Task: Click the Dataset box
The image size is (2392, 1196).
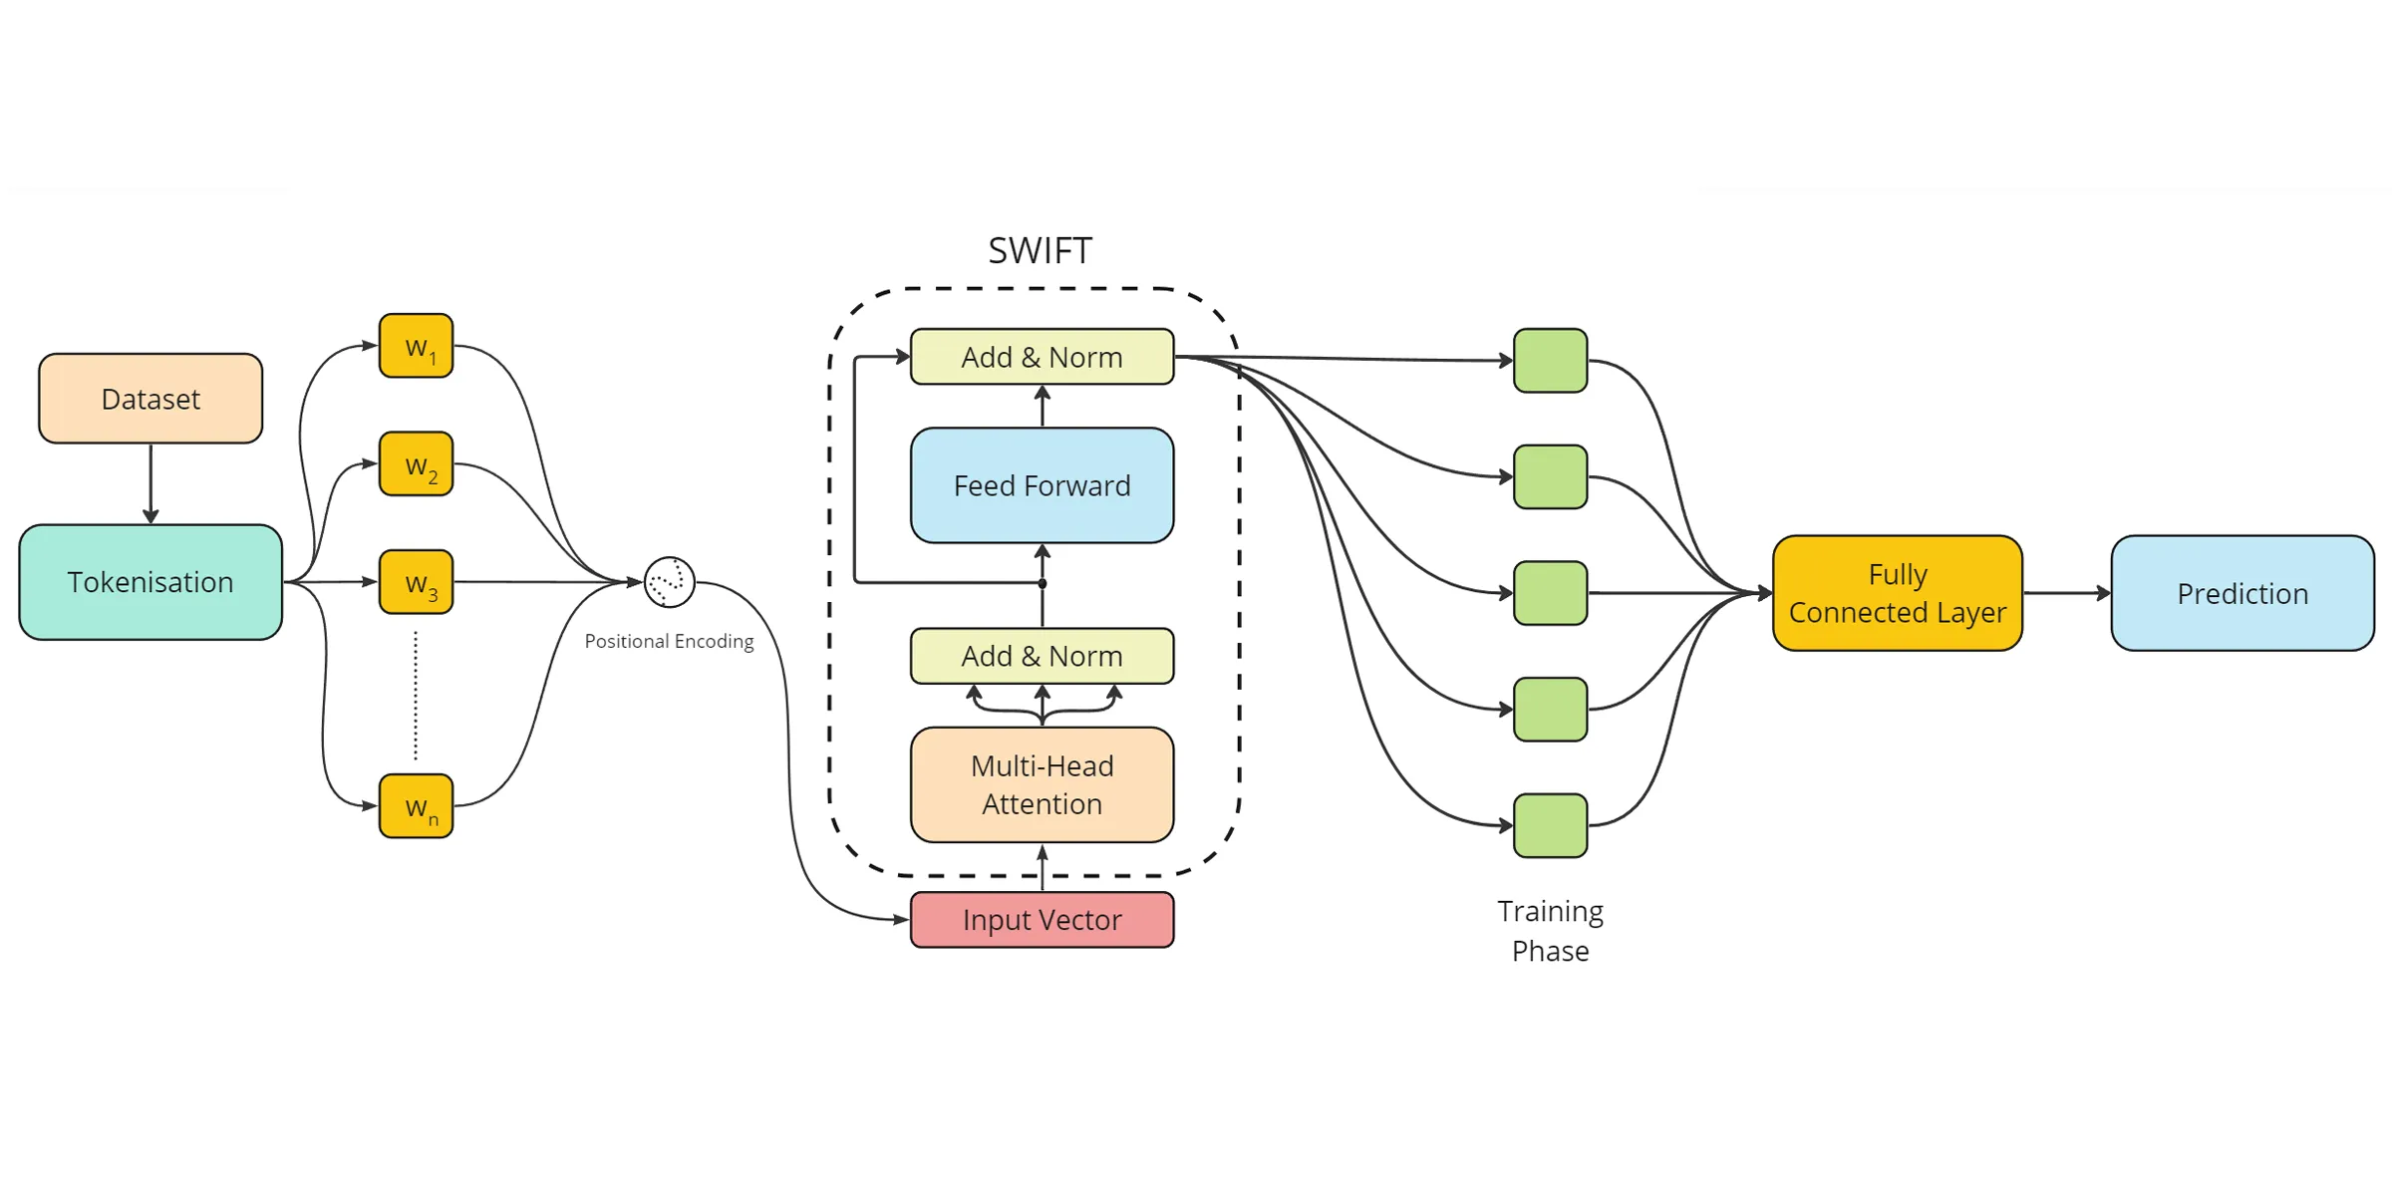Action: [x=150, y=399]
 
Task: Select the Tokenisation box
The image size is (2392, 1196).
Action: [x=150, y=582]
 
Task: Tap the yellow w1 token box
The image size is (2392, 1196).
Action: [x=417, y=346]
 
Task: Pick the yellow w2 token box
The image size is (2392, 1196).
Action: [x=417, y=463]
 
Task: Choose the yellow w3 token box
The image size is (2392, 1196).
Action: [x=417, y=582]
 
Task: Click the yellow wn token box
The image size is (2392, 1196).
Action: [x=417, y=806]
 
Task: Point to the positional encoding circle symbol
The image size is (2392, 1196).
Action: [x=670, y=582]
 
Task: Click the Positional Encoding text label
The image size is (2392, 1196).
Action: [x=669, y=641]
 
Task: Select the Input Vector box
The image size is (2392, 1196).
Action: [x=1042, y=920]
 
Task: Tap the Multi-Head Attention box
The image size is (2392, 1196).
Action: [x=1042, y=784]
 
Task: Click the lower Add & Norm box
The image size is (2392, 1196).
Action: [x=1042, y=656]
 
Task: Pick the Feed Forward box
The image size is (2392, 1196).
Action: [x=1042, y=485]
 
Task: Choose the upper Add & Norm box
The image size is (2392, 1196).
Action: [x=1042, y=357]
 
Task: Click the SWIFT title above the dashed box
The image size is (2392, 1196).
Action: [x=1040, y=250]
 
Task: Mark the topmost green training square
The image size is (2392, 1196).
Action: [x=1550, y=361]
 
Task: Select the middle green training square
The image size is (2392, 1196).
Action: [x=1550, y=593]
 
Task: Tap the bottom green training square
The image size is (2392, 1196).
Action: [x=1550, y=825]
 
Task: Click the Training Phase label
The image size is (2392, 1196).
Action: [x=1550, y=931]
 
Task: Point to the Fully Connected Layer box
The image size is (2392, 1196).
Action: [x=1897, y=593]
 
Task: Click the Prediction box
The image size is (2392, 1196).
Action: [x=2242, y=593]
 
